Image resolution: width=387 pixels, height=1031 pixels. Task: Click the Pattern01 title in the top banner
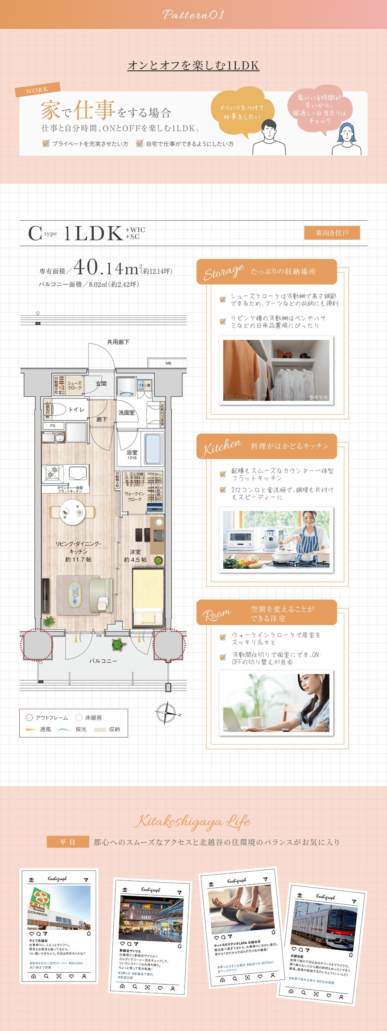(193, 15)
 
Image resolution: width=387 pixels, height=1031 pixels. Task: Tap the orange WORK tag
(37, 90)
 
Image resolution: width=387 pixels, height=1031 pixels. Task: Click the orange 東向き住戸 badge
(332, 233)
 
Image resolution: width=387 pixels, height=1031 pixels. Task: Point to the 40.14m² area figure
(106, 268)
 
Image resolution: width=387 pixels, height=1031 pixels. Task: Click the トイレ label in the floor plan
(76, 410)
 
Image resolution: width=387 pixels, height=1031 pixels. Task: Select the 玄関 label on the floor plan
(101, 384)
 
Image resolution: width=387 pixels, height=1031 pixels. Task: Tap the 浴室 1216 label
(132, 454)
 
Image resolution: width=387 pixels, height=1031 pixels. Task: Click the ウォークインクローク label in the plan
(134, 497)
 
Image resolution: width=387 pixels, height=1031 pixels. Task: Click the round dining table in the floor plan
(72, 512)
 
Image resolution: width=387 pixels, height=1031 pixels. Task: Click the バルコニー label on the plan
(103, 661)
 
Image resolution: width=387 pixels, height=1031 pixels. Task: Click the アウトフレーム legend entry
(47, 718)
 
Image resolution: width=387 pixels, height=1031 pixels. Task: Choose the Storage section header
(266, 272)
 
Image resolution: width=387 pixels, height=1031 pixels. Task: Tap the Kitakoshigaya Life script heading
(192, 822)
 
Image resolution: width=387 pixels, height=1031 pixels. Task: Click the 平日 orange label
(67, 842)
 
